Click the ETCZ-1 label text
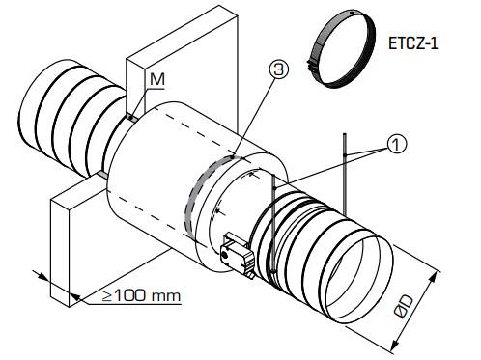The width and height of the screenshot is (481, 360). click(x=413, y=43)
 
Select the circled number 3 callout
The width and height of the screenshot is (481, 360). click(x=279, y=69)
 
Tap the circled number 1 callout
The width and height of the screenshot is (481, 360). click(x=396, y=144)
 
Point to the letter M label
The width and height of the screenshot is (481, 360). click(x=157, y=79)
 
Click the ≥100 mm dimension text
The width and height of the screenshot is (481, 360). click(x=141, y=296)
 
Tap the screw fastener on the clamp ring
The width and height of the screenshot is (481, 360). click(x=310, y=66)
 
